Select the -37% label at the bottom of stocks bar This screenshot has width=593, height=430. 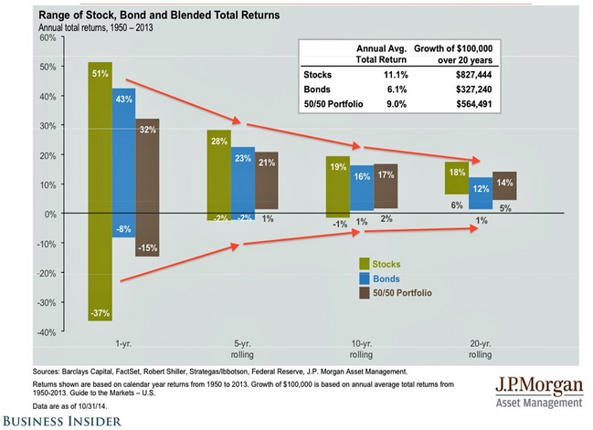100,313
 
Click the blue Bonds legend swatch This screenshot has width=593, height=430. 366,278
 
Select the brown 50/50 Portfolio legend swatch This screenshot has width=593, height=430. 366,293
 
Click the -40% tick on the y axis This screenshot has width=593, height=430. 17,333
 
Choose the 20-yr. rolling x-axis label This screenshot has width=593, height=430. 482,349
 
